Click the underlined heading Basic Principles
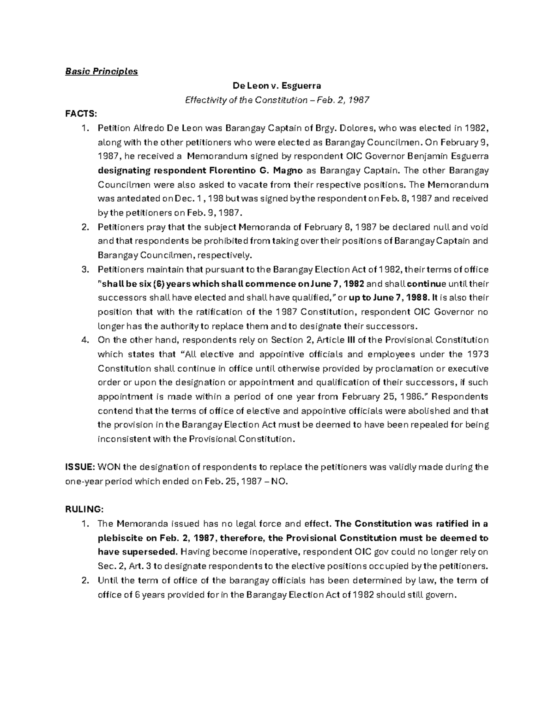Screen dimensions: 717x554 pos(101,72)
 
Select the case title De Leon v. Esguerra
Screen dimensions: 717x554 pos(277,86)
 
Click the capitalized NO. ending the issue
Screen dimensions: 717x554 pos(279,481)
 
